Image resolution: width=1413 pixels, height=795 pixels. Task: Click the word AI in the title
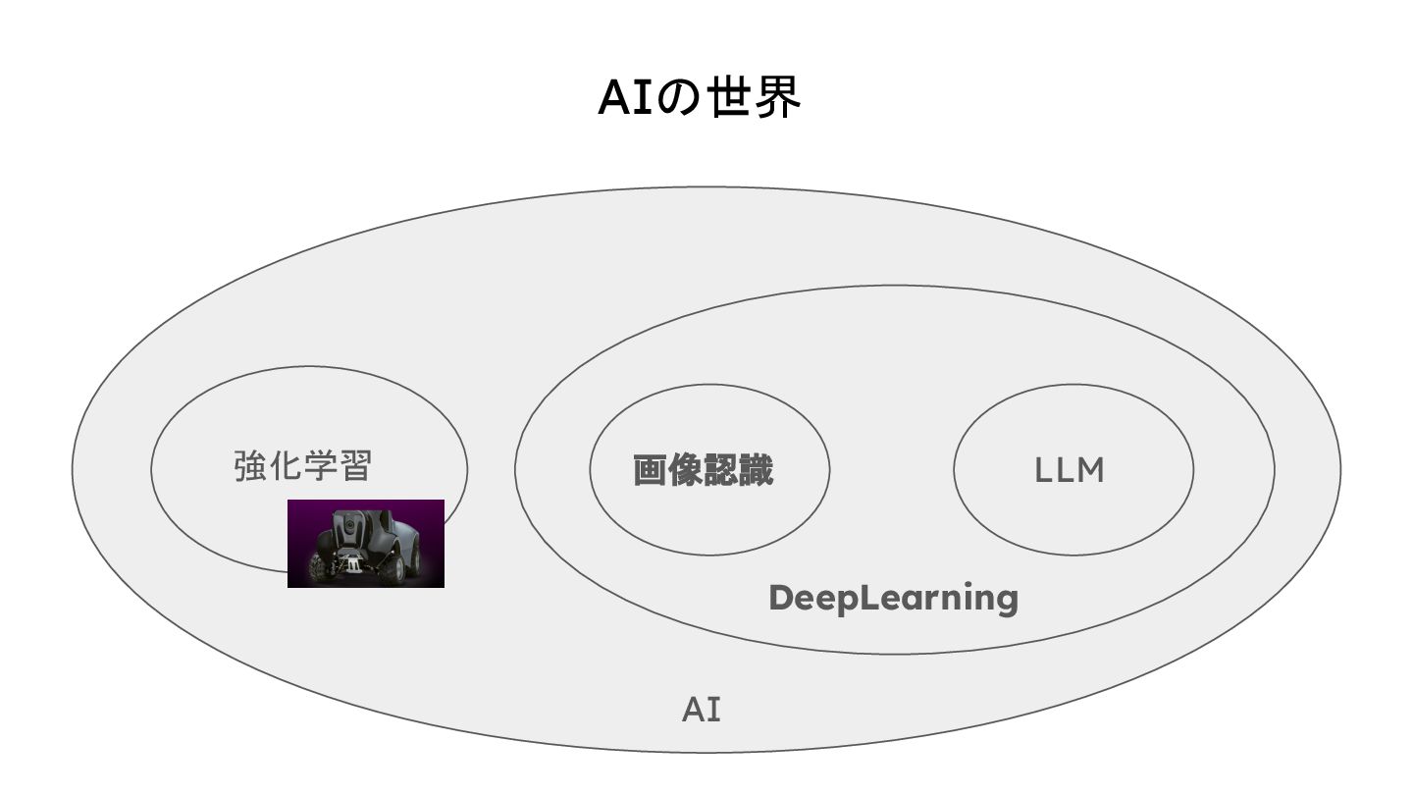pos(624,97)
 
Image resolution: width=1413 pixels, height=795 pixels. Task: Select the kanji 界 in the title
pos(778,97)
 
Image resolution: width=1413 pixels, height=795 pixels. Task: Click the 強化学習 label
pos(303,465)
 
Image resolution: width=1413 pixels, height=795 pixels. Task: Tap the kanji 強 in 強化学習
pos(250,465)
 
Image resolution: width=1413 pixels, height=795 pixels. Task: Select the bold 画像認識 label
pos(703,470)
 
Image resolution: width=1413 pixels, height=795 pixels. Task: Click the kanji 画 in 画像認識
pos(650,470)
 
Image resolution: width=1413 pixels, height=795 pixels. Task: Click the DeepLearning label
pos(893,597)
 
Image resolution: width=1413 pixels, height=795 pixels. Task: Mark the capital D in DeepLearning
pos(781,596)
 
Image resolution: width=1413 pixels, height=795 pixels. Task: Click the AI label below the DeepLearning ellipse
pos(702,710)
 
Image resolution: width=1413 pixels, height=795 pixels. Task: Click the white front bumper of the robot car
pos(352,566)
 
